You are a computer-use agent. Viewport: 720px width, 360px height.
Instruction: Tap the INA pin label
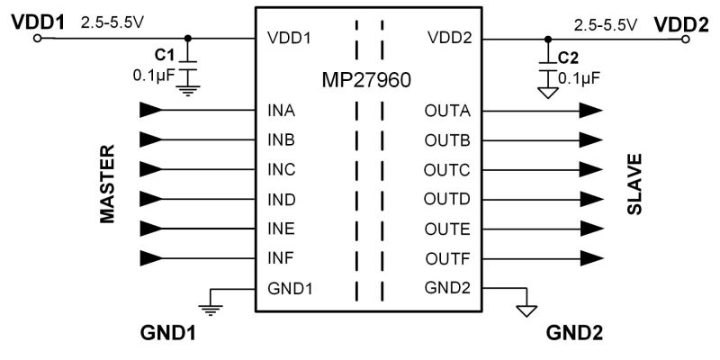[x=282, y=112]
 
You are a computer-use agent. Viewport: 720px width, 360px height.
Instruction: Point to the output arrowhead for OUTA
[x=590, y=112]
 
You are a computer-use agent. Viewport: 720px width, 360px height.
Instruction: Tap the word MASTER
[x=107, y=184]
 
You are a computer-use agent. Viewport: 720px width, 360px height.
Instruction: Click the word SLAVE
[x=634, y=185]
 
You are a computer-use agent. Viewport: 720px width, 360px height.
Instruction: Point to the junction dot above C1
[x=187, y=39]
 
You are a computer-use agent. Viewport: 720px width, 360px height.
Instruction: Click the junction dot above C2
[x=547, y=39]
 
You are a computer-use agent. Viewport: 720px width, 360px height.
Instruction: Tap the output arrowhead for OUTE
[x=590, y=229]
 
